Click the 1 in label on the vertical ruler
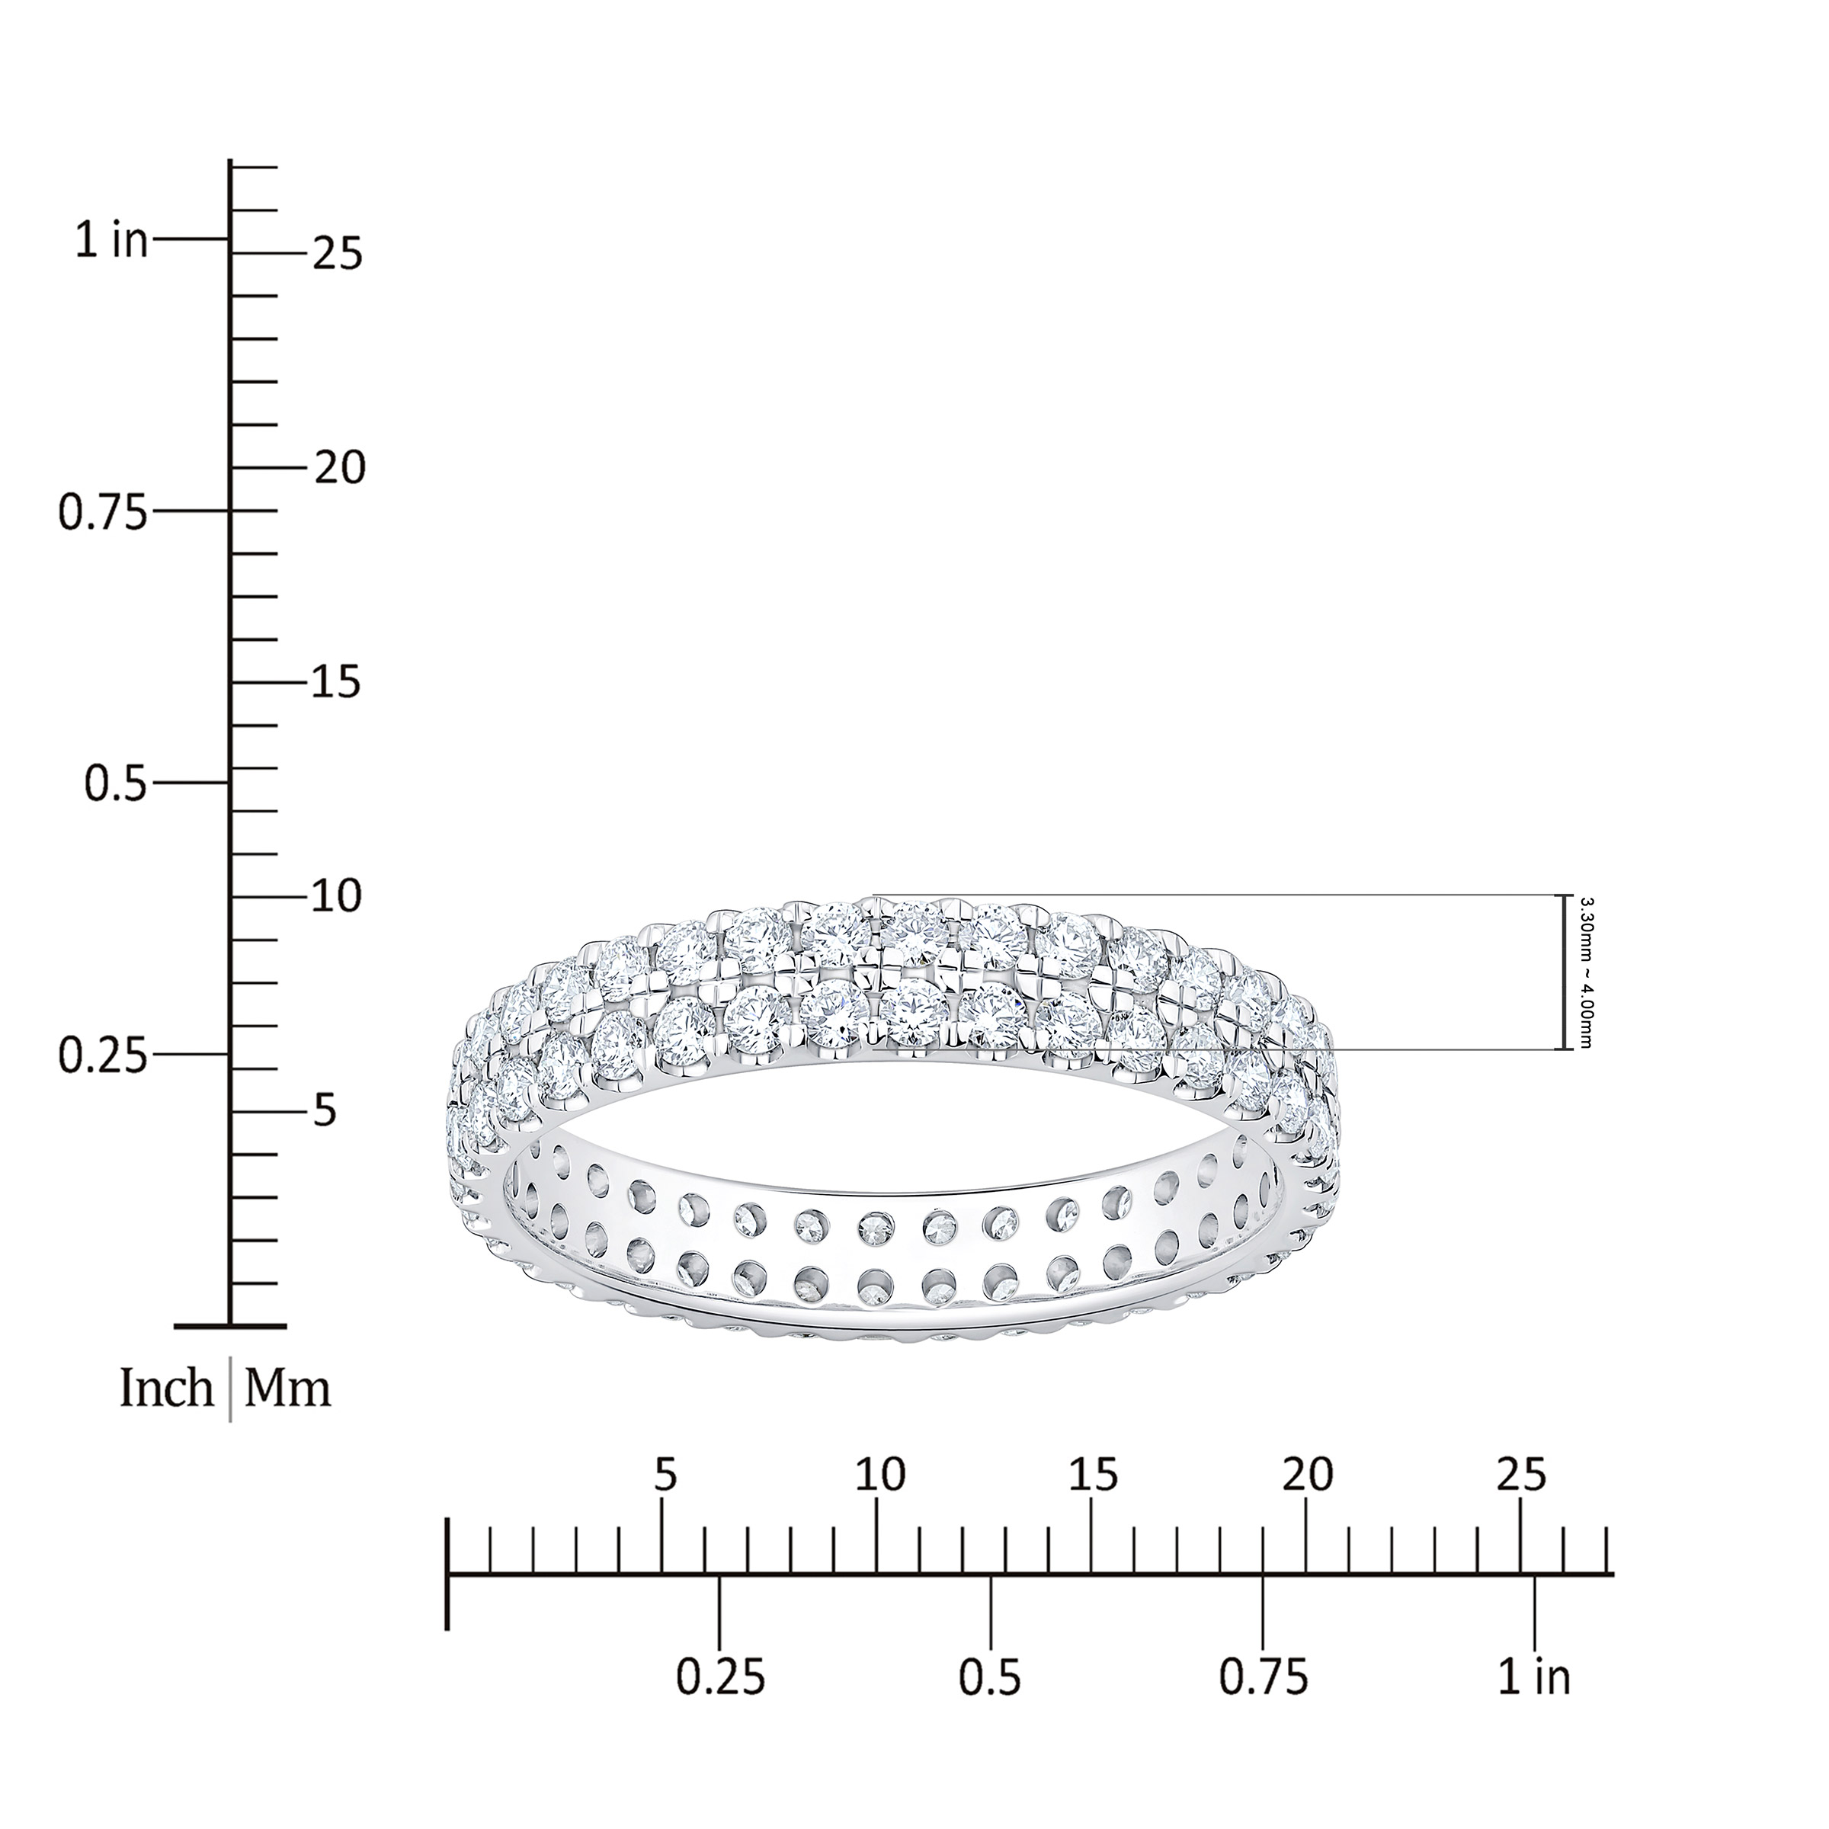[113, 242]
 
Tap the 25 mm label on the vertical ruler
[338, 254]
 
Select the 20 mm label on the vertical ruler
[339, 468]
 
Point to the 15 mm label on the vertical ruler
[338, 683]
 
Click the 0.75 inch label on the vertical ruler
[103, 512]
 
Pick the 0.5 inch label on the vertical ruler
[117, 784]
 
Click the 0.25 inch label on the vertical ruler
[103, 1055]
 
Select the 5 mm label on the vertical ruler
[325, 1111]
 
